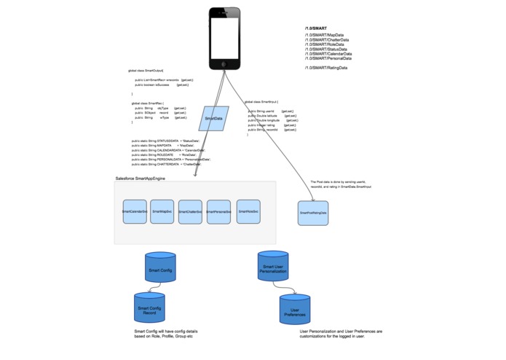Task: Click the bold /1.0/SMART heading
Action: pos(316,27)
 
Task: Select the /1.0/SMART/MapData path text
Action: pos(324,34)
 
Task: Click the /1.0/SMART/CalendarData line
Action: pos(328,53)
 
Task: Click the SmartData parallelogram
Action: pos(214,118)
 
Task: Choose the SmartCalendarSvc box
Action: pos(135,211)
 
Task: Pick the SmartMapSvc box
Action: pos(162,211)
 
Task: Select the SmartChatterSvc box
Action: pos(190,212)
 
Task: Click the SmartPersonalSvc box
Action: pos(218,212)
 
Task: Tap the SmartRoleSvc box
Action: pos(248,211)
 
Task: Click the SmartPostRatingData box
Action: pos(313,213)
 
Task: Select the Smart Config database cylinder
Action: pos(160,270)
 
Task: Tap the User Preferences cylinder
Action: pos(295,310)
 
